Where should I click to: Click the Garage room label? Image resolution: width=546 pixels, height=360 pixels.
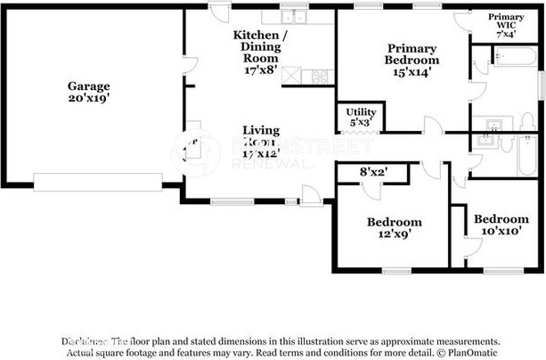click(88, 86)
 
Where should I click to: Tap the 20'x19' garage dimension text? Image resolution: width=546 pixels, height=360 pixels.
click(88, 99)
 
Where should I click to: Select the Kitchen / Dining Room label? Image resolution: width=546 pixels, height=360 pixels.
click(261, 41)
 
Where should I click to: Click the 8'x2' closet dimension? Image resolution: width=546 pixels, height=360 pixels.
click(372, 170)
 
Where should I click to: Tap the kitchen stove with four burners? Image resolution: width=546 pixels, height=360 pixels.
click(320, 76)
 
